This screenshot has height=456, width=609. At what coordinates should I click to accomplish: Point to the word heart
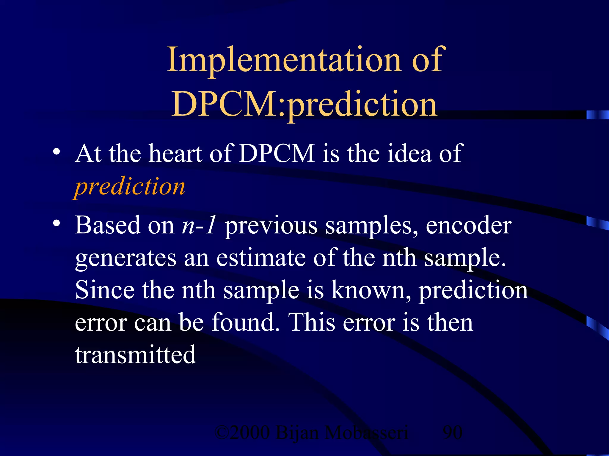[x=175, y=153]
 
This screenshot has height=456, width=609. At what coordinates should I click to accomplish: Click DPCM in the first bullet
[x=277, y=153]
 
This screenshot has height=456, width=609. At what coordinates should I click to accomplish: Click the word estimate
[x=260, y=258]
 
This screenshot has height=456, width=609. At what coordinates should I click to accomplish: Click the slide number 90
[x=452, y=433]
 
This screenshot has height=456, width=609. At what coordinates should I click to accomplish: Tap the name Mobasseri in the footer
[x=366, y=433]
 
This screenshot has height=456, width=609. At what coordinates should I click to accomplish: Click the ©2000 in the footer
[x=242, y=433]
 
